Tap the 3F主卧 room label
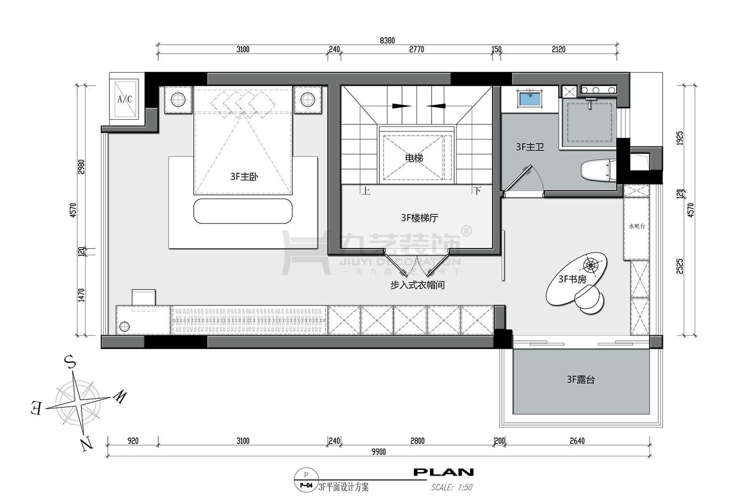(245, 177)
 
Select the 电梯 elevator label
(414, 158)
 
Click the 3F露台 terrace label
(581, 380)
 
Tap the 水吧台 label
(637, 226)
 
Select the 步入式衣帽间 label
(418, 285)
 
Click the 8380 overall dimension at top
(387, 40)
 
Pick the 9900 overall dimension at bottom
(379, 452)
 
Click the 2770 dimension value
(417, 49)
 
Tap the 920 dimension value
(133, 441)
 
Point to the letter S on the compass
(70, 363)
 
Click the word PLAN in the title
(443, 472)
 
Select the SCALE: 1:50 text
(452, 487)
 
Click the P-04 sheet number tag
(306, 485)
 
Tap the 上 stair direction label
(366, 191)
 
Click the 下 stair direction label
(477, 191)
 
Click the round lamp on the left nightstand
(178, 99)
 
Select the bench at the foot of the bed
(243, 211)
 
